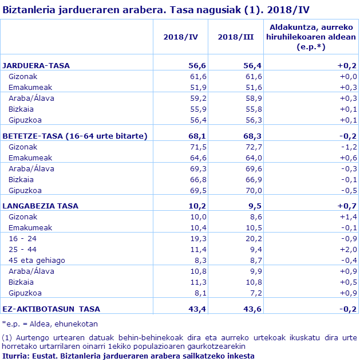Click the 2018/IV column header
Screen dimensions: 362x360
(180, 37)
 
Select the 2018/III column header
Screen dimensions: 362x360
(236, 37)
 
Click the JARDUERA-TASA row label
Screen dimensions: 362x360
(36, 65)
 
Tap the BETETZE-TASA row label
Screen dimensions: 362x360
(75, 136)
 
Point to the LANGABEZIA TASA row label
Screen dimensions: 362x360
(41, 206)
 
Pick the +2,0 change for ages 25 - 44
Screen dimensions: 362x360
(348, 249)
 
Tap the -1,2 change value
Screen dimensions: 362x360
(349, 147)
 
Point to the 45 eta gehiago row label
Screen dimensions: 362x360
(37, 260)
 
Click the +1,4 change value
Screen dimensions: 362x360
(348, 217)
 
